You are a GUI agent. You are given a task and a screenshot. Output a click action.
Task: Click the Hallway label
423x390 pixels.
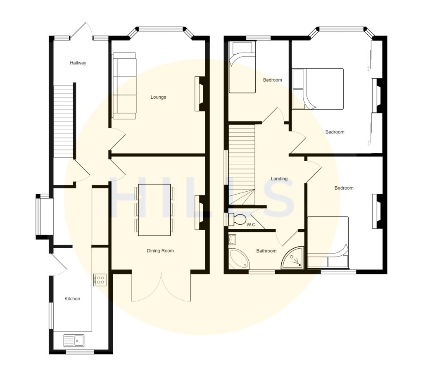(78, 63)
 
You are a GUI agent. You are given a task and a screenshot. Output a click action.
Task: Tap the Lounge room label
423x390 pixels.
(158, 97)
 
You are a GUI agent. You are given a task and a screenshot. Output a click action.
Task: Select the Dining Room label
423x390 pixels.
(161, 251)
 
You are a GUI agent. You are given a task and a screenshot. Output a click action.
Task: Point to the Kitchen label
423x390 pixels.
(72, 299)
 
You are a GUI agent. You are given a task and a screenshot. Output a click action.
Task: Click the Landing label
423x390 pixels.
(279, 179)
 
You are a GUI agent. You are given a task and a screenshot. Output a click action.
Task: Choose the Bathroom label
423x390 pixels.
(266, 251)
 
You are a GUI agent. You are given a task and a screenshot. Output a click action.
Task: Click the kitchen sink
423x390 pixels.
(74, 340)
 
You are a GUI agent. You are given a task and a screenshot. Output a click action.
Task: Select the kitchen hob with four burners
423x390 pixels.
(100, 280)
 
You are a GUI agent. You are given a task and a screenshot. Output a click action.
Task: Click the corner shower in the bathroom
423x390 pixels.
(294, 259)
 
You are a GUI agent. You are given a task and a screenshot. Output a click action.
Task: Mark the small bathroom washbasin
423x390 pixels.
(232, 239)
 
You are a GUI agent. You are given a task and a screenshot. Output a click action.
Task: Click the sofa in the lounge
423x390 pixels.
(124, 86)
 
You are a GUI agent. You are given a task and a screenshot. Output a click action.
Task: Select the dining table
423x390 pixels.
(154, 209)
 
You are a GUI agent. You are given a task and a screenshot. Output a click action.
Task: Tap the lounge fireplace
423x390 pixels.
(200, 94)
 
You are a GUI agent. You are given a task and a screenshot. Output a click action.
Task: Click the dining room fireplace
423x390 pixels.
(200, 212)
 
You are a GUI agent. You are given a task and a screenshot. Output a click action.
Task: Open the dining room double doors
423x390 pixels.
(161, 287)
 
